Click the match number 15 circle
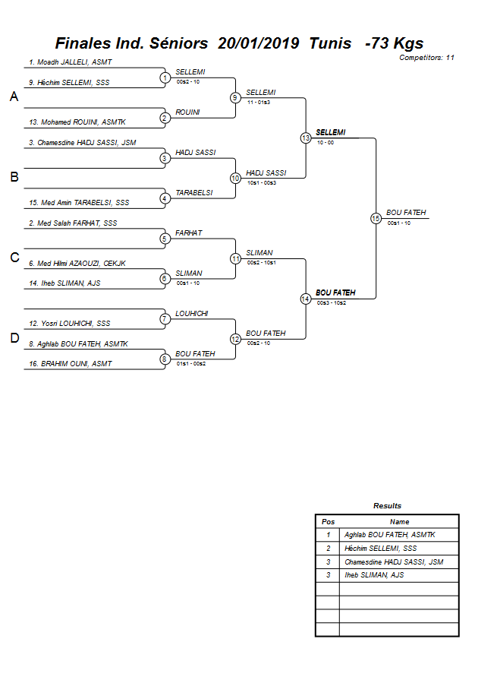coord(376,218)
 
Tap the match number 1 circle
coord(165,78)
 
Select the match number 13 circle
coord(306,138)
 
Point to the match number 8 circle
coord(165,359)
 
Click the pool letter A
coord(14,97)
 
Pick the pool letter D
coord(14,339)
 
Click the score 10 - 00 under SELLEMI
coord(326,142)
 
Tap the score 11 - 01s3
coord(259,101)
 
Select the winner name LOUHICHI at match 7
coord(191,313)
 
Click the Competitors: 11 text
coord(426,57)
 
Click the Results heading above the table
coord(387,505)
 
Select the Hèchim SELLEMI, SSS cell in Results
coord(380,548)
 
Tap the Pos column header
coord(328,521)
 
